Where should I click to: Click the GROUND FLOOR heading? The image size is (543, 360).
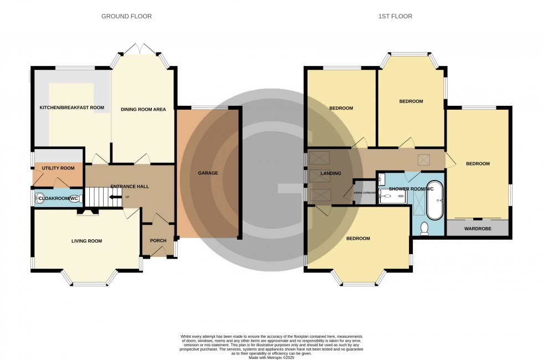[x=126, y=17]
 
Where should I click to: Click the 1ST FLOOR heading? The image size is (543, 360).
[x=395, y=17]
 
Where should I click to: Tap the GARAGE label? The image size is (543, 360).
[x=208, y=173]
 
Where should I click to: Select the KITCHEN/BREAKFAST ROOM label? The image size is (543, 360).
[x=71, y=108]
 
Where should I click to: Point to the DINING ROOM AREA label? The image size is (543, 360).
[x=143, y=110]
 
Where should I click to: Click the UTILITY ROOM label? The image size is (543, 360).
[x=58, y=168]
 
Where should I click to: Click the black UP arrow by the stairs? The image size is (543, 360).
[x=115, y=197]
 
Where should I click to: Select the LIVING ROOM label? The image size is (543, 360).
[x=86, y=241]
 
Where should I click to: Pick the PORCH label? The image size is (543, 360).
[x=158, y=240]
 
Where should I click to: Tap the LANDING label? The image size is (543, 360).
[x=330, y=173]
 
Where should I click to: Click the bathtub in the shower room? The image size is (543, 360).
[x=436, y=200]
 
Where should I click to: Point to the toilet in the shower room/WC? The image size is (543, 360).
[x=425, y=228]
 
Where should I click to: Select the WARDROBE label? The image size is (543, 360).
[x=478, y=228]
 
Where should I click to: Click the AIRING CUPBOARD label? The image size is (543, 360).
[x=364, y=193]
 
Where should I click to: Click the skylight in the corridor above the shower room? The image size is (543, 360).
[x=426, y=160]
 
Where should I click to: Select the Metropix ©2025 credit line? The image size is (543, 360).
[x=271, y=357]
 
